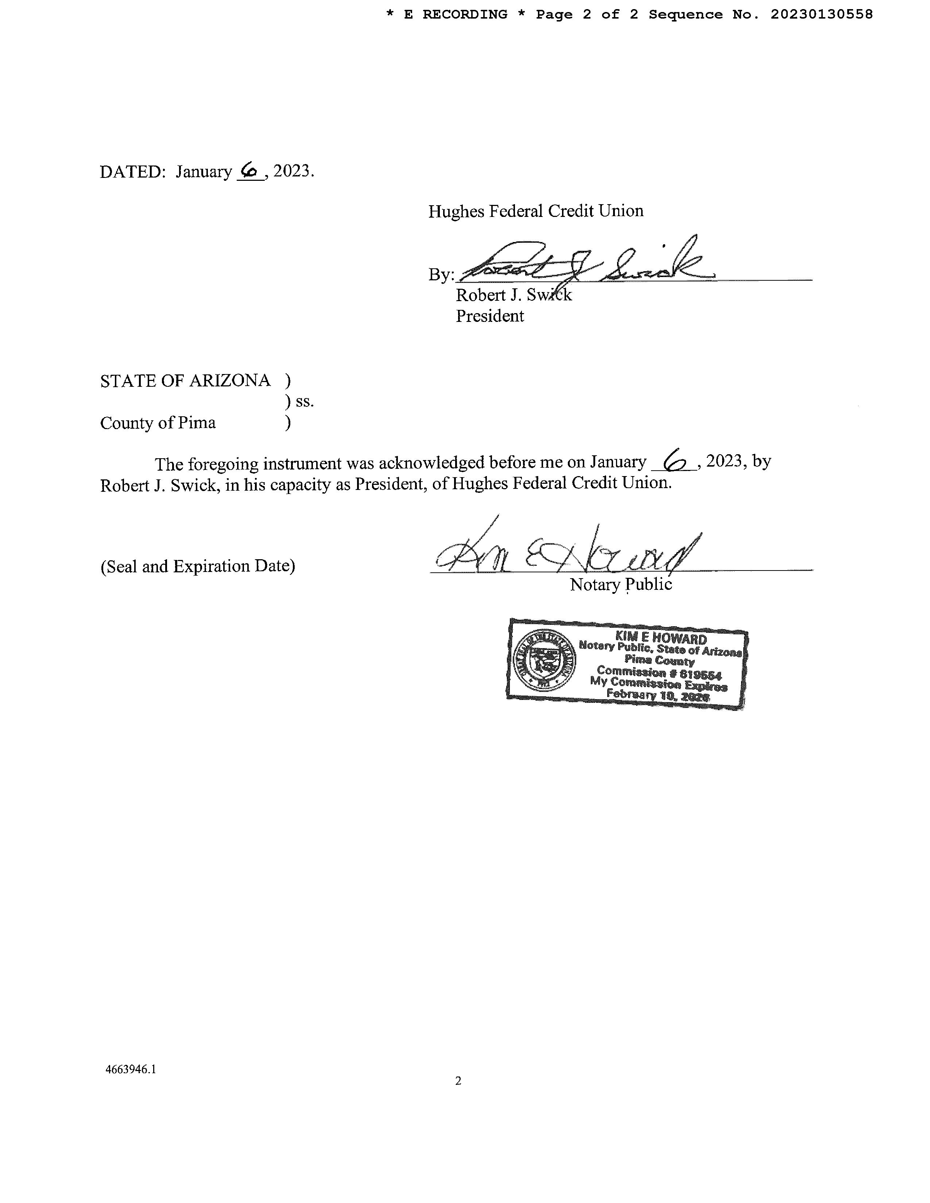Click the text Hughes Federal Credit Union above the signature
pyautogui.click(x=535, y=211)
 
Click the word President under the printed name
pyautogui.click(x=490, y=316)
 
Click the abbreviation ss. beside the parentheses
pyautogui.click(x=305, y=402)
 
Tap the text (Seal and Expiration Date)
pyautogui.click(x=198, y=566)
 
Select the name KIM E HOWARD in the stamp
pyautogui.click(x=660, y=638)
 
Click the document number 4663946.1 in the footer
pyautogui.click(x=131, y=1069)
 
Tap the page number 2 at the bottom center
pyautogui.click(x=458, y=1081)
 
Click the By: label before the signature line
pyautogui.click(x=441, y=274)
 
